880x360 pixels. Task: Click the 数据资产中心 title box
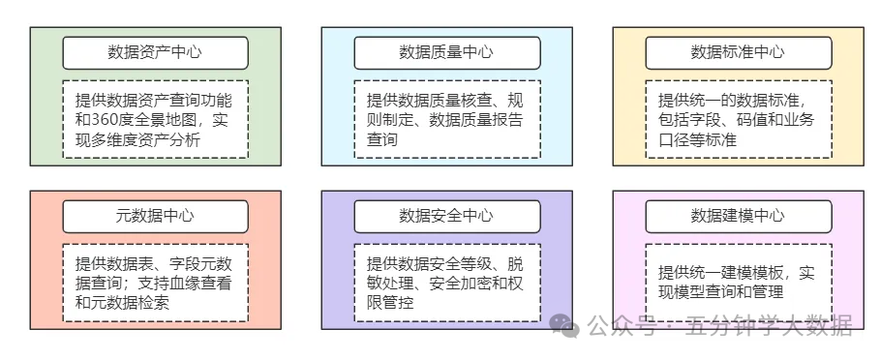click(155, 52)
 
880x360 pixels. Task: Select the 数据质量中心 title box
click(446, 52)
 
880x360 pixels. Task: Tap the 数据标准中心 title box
click(738, 52)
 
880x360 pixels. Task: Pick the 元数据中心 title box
click(155, 216)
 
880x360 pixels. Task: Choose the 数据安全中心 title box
click(446, 216)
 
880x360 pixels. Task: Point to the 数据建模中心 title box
click(738, 216)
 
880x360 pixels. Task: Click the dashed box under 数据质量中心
click(446, 119)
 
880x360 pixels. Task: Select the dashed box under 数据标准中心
click(738, 119)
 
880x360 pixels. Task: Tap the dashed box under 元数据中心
click(155, 283)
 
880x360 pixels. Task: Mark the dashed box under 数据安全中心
click(446, 283)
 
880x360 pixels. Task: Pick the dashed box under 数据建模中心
click(738, 283)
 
